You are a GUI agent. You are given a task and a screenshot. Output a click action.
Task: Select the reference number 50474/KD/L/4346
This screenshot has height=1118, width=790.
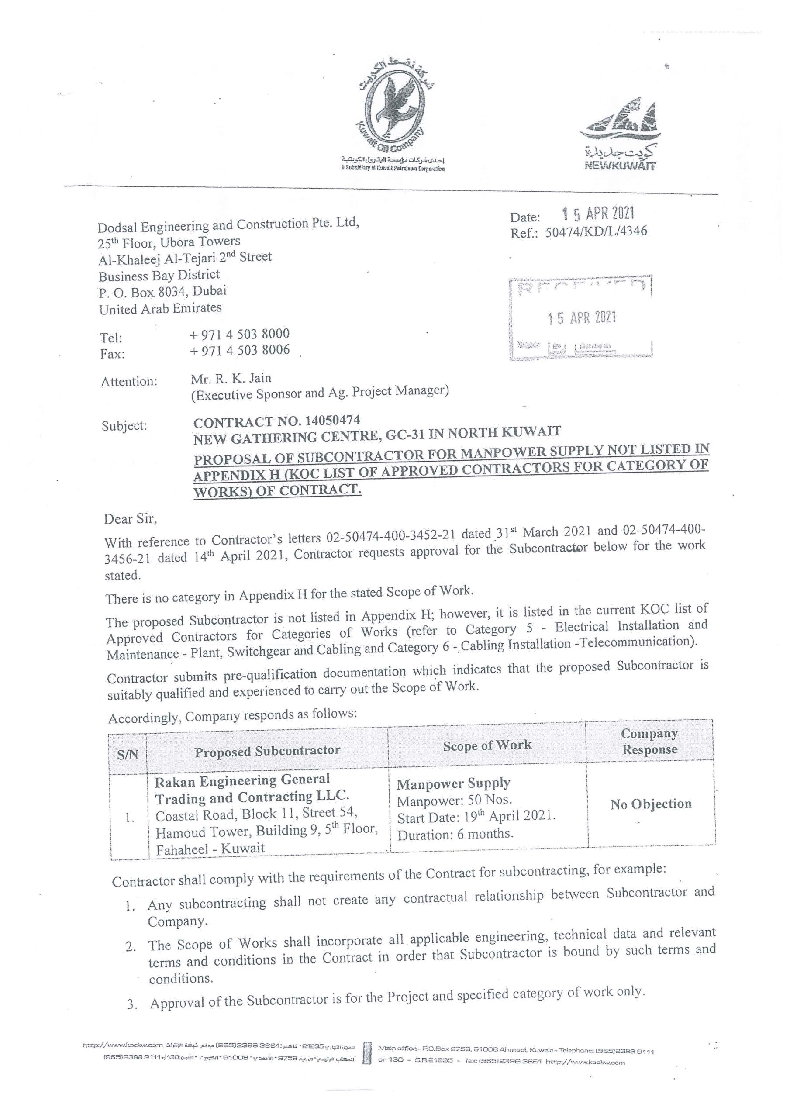point(596,231)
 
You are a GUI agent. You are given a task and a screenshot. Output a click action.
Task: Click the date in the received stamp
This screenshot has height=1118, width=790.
point(582,318)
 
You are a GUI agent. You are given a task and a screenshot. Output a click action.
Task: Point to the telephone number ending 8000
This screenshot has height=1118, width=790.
point(240,334)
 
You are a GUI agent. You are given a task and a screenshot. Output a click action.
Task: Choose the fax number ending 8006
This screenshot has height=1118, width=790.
point(240,350)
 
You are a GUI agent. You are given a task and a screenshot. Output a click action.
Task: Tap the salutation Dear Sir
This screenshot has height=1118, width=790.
point(131,519)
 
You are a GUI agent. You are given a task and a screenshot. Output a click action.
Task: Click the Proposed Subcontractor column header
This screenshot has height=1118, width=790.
point(267,751)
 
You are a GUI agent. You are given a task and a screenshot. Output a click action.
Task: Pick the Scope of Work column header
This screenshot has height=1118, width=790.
point(487,745)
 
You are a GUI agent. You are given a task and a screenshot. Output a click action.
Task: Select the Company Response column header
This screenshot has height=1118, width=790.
point(650,742)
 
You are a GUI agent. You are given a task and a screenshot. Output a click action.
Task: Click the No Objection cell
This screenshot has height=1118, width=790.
point(651,804)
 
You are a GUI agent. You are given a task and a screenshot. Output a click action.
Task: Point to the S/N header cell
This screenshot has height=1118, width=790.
point(128,755)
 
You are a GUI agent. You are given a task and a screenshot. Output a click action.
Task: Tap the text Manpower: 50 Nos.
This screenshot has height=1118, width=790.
point(455,800)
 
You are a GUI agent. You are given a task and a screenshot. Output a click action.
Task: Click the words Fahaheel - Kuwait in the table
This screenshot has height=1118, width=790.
point(210,849)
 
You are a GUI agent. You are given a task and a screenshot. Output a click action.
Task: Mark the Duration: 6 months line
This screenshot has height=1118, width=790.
point(455,834)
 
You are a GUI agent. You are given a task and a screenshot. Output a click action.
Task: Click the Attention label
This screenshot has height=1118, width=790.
point(129,382)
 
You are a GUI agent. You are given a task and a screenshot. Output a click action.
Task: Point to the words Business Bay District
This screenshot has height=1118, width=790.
point(159,276)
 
